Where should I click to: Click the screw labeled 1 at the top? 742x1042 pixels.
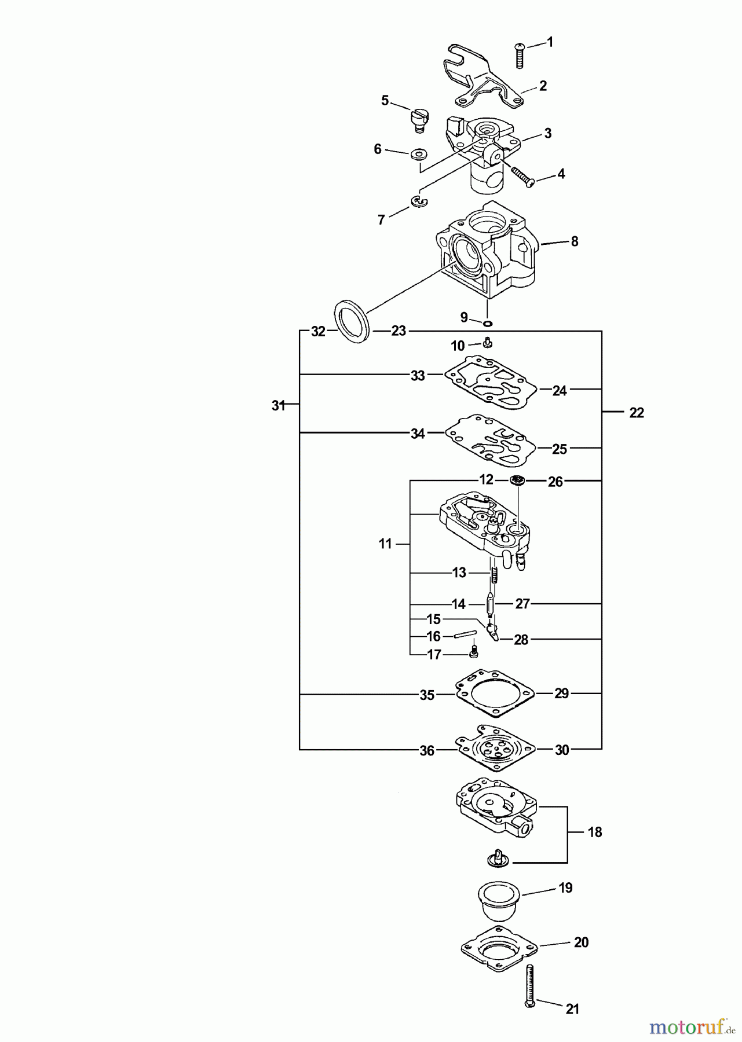pyautogui.click(x=520, y=56)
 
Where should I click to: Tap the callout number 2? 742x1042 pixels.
pyautogui.click(x=543, y=86)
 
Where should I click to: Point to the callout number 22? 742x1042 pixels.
pyautogui.click(x=636, y=413)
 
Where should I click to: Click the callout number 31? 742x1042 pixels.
pyautogui.click(x=279, y=406)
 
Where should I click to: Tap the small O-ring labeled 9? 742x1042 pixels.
pyautogui.click(x=488, y=322)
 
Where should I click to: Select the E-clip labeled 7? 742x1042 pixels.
pyautogui.click(x=418, y=201)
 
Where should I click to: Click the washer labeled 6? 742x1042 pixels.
pyautogui.click(x=418, y=155)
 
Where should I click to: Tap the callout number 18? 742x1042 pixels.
pyautogui.click(x=594, y=832)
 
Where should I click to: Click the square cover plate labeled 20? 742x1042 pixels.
pyautogui.click(x=499, y=949)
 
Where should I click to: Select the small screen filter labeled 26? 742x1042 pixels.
pyautogui.click(x=517, y=480)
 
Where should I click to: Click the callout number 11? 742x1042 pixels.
pyautogui.click(x=385, y=544)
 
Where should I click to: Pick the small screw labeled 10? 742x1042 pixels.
pyautogui.click(x=488, y=342)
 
